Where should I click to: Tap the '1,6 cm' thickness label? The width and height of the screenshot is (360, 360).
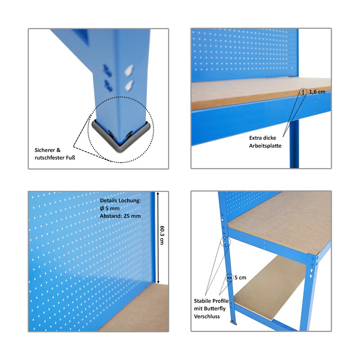tap(317, 92)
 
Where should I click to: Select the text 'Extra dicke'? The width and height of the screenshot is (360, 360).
tap(263, 138)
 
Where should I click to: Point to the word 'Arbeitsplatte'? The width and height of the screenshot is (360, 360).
tap(265, 146)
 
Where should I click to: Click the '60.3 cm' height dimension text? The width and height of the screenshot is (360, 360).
tap(162, 235)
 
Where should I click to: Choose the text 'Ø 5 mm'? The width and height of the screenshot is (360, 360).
tap(110, 208)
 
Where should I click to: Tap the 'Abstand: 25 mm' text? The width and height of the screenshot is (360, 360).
tap(120, 216)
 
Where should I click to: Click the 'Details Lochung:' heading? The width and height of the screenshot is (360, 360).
tap(120, 200)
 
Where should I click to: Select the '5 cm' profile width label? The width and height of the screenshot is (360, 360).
tap(240, 278)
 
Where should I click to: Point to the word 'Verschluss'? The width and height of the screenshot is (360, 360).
tap(207, 316)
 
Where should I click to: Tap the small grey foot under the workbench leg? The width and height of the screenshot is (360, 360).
tap(234, 323)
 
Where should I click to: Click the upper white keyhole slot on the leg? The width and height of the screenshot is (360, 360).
tap(130, 70)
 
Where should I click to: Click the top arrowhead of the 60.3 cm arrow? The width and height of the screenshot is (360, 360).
tap(158, 193)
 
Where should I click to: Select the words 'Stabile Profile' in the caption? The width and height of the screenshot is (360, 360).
tap(211, 301)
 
